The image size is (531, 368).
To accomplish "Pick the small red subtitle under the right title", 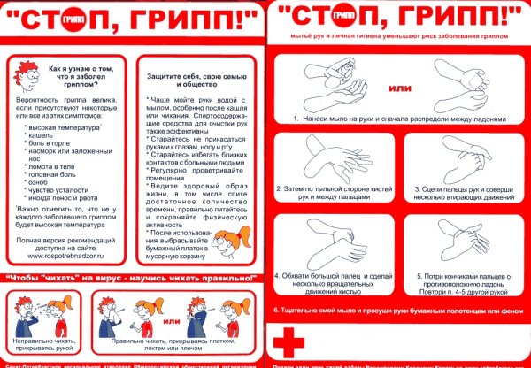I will click(x=397, y=38).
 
